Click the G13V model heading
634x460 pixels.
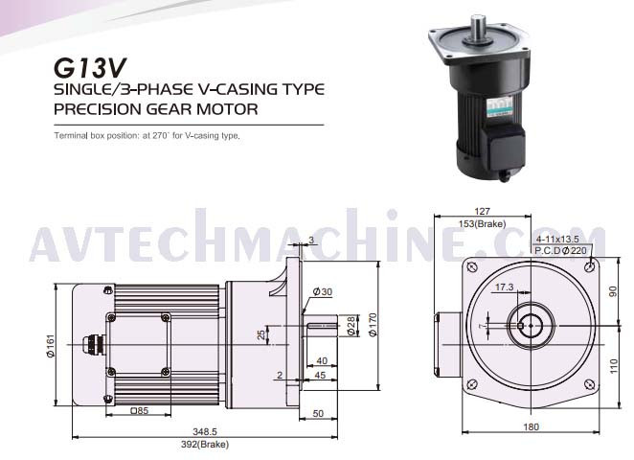[x=90, y=68]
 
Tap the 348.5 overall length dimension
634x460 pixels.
[x=205, y=431]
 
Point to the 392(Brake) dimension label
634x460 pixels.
[x=205, y=445]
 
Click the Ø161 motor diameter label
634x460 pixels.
[x=51, y=346]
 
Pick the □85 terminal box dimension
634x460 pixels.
[x=139, y=410]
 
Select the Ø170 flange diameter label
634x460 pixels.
[x=373, y=325]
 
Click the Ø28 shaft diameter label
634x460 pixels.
[x=351, y=326]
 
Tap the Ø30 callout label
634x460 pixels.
[x=323, y=291]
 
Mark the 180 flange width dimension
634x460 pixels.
[x=531, y=426]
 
